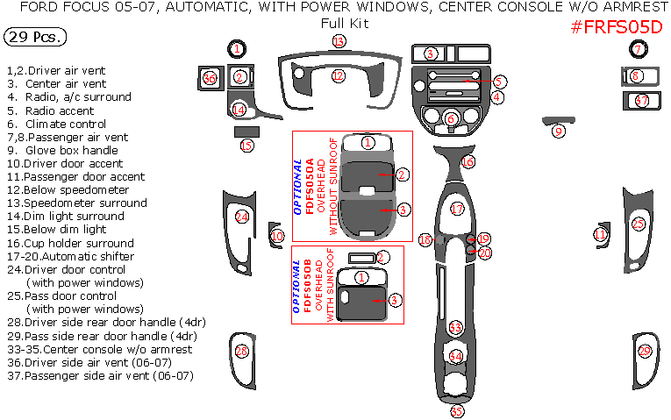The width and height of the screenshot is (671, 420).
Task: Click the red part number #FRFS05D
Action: [617, 27]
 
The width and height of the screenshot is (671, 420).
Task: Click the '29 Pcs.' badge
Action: [33, 37]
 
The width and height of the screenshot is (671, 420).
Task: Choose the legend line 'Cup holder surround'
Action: [77, 243]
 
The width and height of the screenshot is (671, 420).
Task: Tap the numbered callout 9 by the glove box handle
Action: [558, 132]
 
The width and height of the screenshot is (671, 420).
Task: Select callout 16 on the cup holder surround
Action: [468, 162]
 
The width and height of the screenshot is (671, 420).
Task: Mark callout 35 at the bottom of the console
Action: [456, 410]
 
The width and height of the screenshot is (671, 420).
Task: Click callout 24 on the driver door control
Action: [241, 217]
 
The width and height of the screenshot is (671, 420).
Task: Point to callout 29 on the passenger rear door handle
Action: [645, 352]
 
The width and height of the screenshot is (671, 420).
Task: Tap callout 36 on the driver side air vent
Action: [210, 79]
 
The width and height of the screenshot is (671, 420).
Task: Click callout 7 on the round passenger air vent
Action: [639, 48]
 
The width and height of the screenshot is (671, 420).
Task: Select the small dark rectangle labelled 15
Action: [246, 132]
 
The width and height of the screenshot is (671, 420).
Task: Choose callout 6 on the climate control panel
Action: [451, 119]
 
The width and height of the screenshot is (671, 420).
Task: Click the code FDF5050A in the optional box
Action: [311, 187]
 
